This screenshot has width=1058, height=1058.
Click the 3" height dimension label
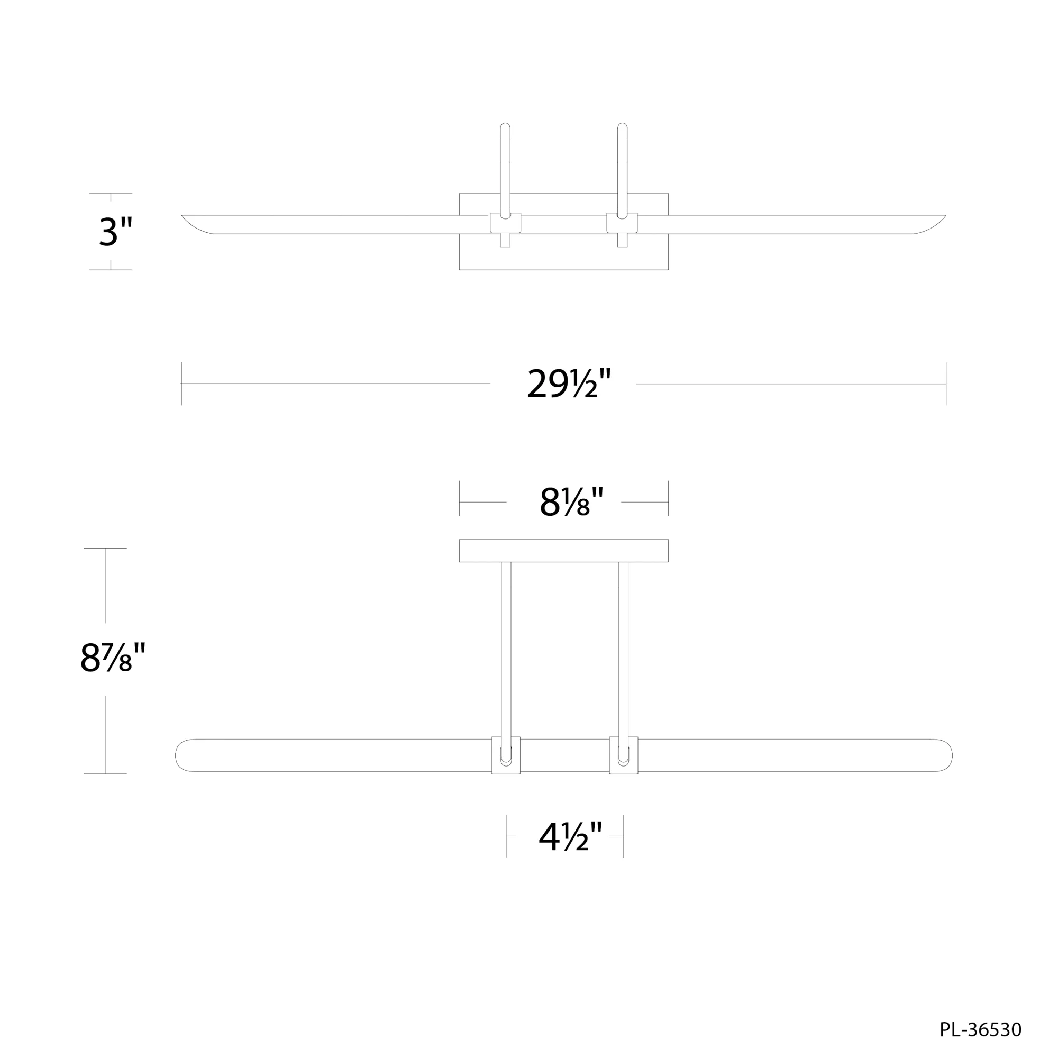(115, 232)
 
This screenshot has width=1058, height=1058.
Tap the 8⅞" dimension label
(112, 658)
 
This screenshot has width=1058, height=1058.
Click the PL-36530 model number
(980, 1029)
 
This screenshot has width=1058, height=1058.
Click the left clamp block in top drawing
(505, 223)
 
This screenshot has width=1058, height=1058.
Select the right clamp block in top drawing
(622, 223)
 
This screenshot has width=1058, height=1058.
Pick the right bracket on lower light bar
(623, 755)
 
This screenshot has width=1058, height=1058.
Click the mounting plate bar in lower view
(563, 550)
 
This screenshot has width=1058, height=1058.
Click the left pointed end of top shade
(186, 218)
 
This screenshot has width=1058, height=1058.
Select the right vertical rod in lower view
(623, 646)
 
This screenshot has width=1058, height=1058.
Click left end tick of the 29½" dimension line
(181, 384)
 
